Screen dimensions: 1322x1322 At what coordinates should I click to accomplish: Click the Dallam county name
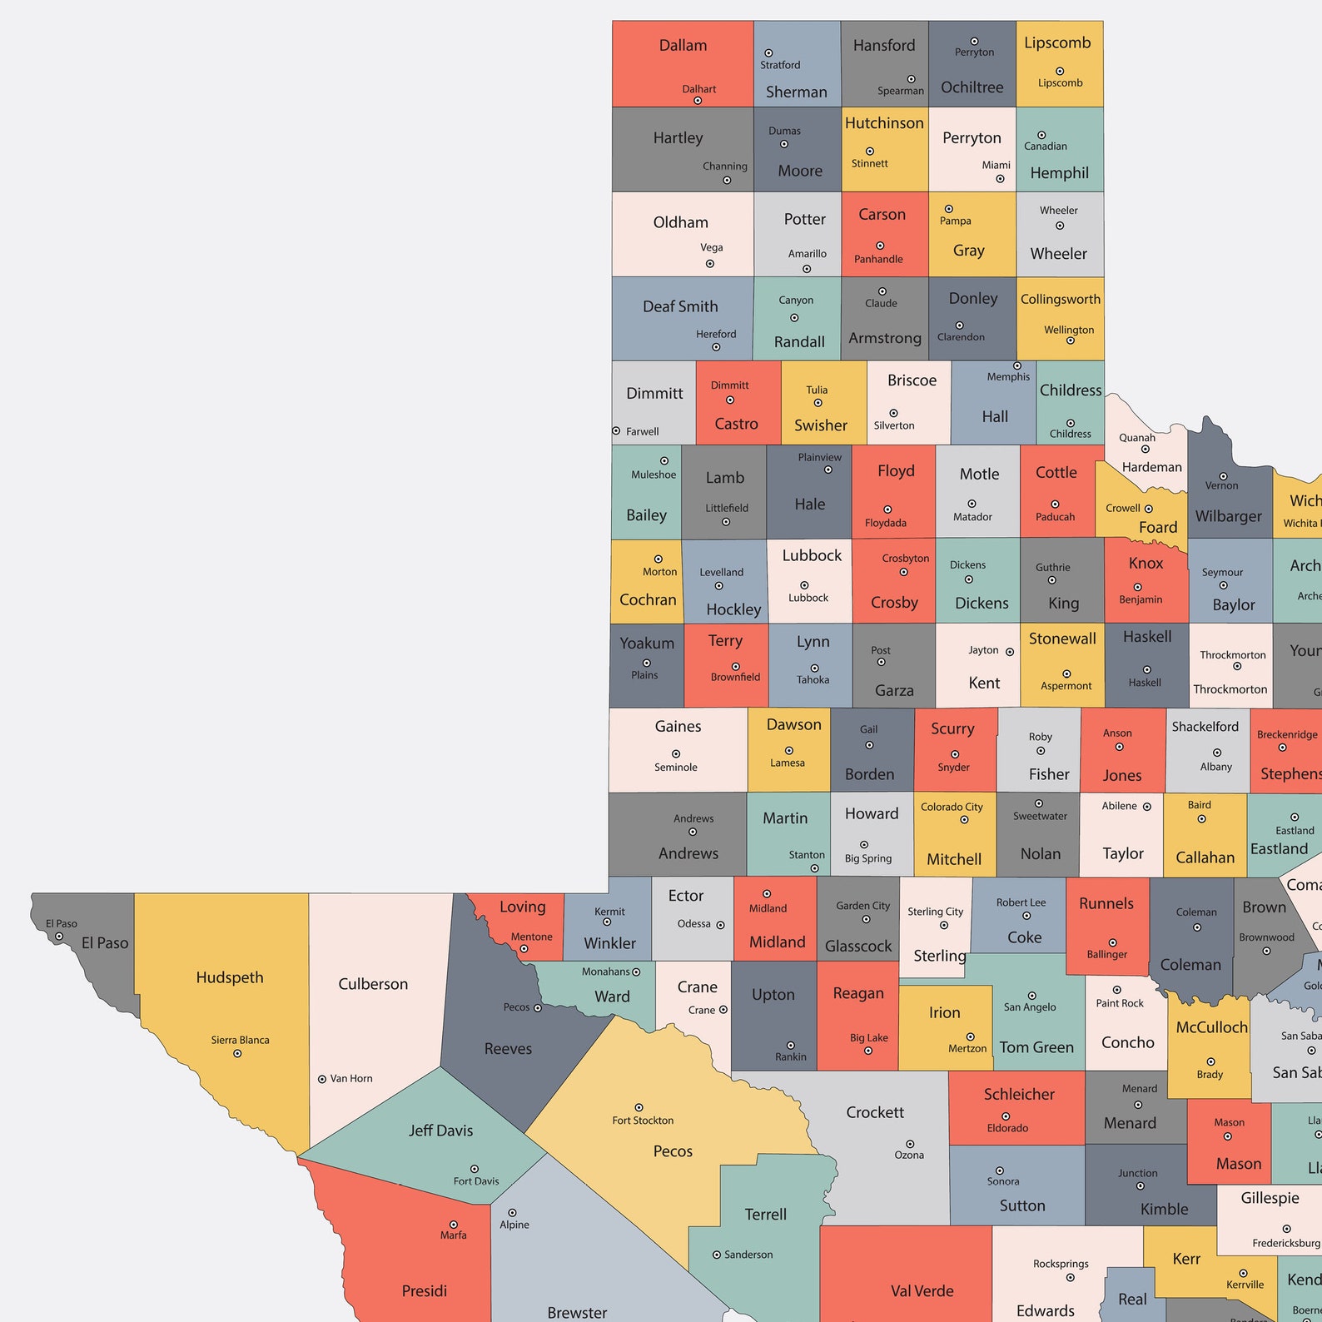[x=683, y=46]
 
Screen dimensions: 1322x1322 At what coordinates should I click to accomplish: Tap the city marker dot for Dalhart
[x=698, y=101]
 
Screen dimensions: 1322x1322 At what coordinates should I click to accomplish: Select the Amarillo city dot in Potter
[x=807, y=269]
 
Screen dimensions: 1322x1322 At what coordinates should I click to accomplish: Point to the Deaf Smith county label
[x=680, y=306]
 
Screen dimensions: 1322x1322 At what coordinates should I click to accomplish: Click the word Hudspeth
[x=230, y=977]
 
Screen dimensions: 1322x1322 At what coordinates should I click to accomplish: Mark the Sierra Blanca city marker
[x=237, y=1054]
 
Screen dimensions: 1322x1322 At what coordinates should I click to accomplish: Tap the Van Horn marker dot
[x=322, y=1079]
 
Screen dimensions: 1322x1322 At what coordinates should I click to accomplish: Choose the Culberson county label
[x=373, y=984]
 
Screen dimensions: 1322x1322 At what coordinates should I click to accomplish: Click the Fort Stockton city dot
[x=639, y=1108]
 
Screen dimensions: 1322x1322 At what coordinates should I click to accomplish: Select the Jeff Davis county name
[x=440, y=1131]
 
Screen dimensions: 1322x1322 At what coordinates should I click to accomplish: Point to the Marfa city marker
[x=453, y=1225]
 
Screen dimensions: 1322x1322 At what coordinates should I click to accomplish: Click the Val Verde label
[x=922, y=1291]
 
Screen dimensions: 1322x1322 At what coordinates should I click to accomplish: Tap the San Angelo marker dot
[x=1031, y=996]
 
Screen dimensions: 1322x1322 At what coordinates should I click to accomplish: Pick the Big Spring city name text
[x=867, y=858]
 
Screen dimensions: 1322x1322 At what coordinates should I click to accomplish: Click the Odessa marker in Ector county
[x=720, y=925]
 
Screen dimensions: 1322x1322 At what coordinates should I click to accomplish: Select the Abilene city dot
[x=1146, y=807]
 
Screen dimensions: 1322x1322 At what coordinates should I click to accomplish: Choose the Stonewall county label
[x=1062, y=639]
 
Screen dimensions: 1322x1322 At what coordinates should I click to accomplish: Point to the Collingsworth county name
[x=1060, y=300]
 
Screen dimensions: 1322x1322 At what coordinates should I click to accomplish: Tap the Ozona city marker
[x=910, y=1144]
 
